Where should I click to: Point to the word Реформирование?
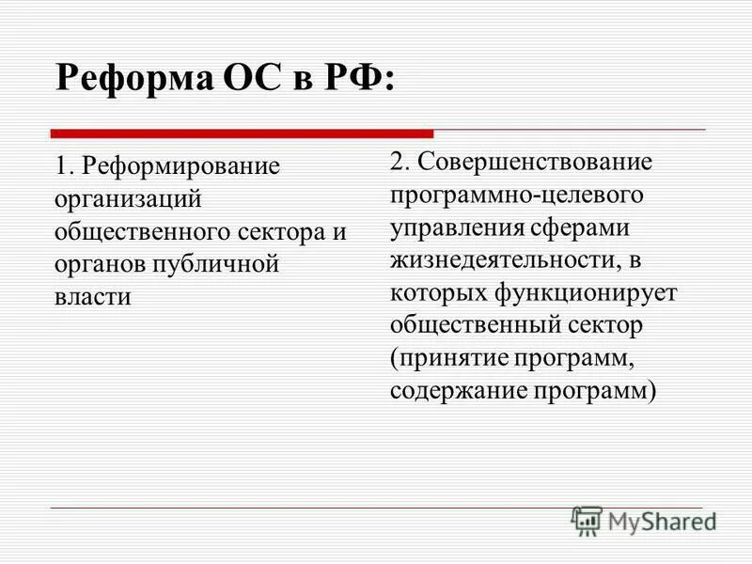pos(180,167)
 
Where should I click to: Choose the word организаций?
pos(128,200)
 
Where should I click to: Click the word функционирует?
pos(587,292)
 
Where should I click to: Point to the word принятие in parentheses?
pos(449,358)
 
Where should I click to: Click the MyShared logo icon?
pos(587,521)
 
